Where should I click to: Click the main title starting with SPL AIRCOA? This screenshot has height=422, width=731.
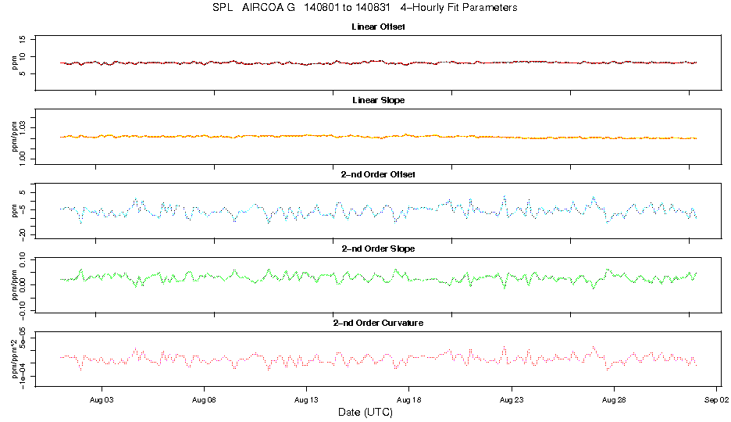click(365, 8)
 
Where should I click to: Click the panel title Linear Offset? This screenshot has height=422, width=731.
click(378, 27)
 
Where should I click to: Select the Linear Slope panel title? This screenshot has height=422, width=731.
click(378, 101)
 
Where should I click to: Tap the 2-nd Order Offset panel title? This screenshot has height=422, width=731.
click(378, 174)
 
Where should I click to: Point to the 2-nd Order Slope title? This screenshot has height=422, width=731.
click(378, 249)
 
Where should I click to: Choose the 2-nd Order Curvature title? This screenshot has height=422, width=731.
click(378, 322)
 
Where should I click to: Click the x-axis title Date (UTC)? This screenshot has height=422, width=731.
click(365, 411)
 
